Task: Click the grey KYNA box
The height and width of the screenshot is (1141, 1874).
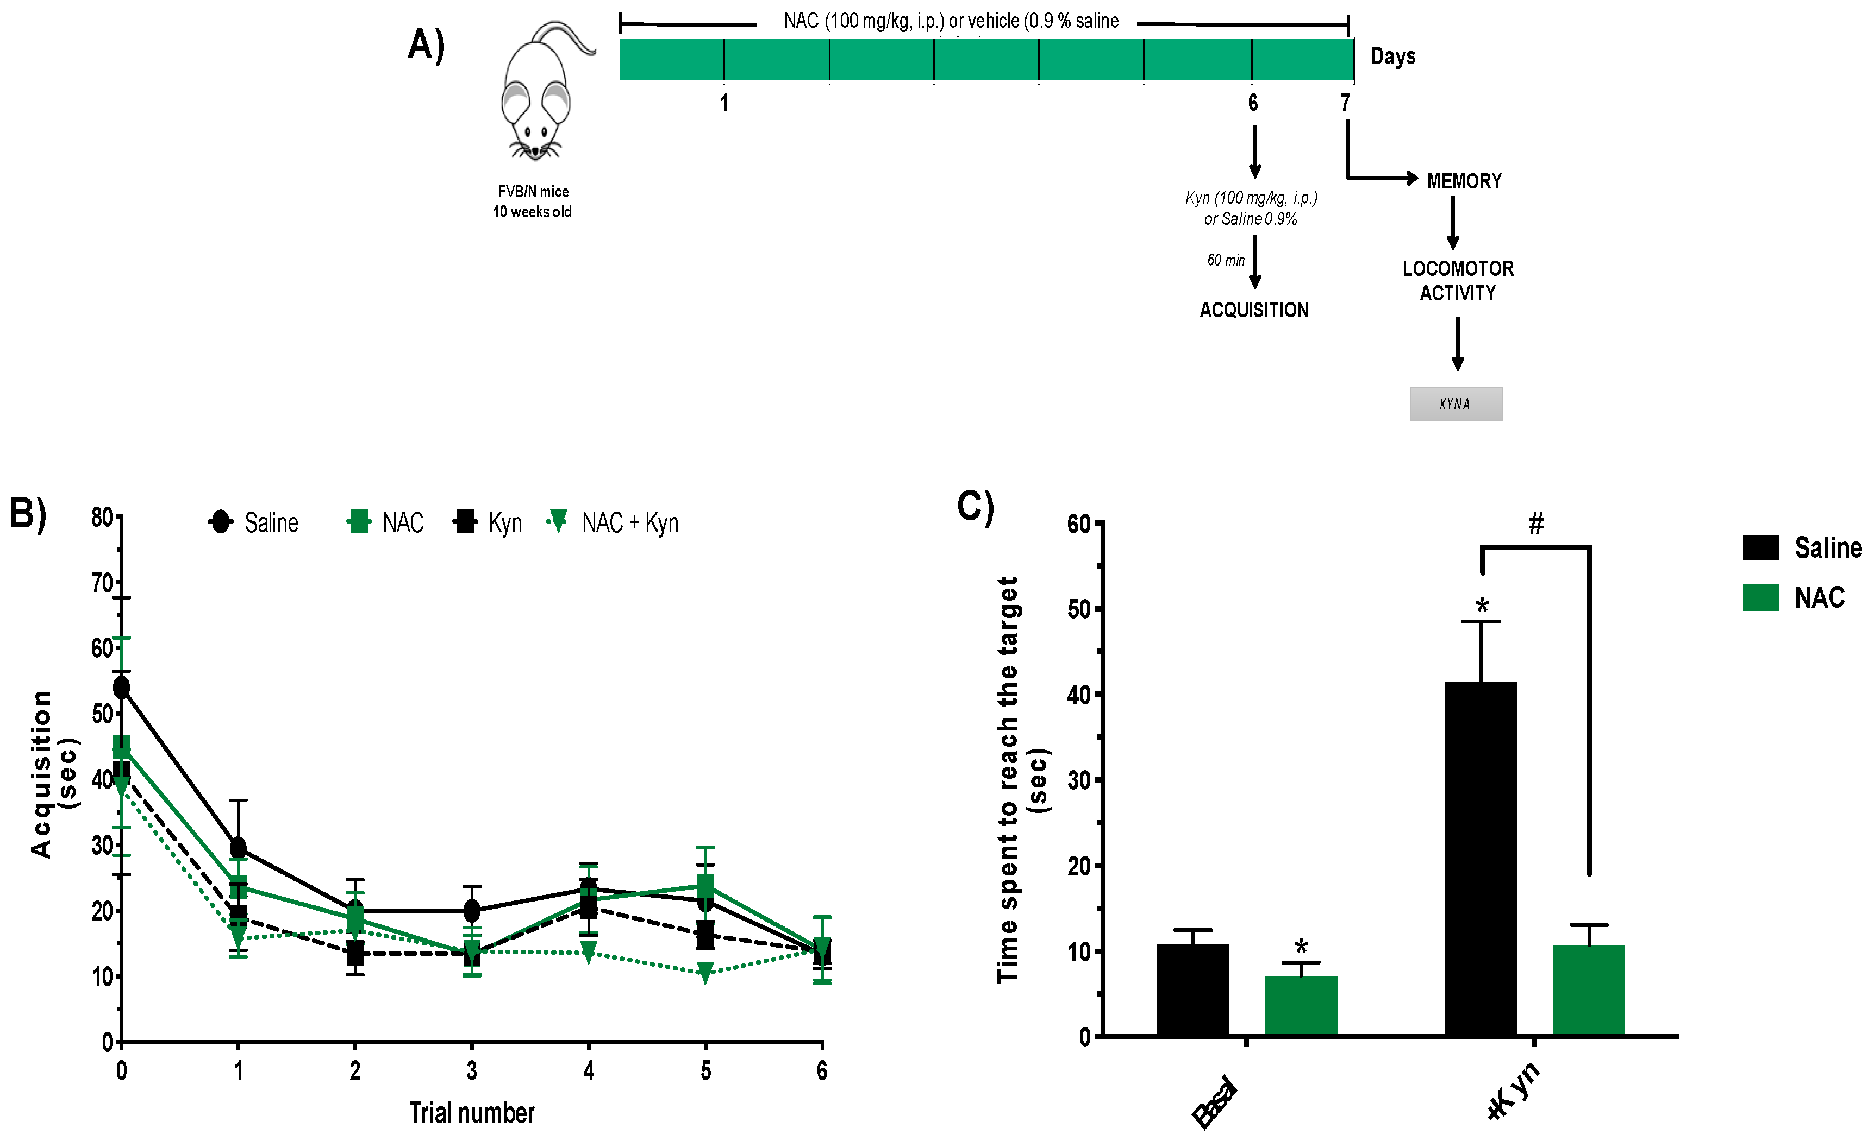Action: pyautogui.click(x=1456, y=404)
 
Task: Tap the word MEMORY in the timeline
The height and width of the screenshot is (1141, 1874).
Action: pyautogui.click(x=1464, y=181)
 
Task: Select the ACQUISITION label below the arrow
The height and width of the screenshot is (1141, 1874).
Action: pyautogui.click(x=1254, y=310)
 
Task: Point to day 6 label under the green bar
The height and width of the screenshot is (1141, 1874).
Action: pyautogui.click(x=1253, y=103)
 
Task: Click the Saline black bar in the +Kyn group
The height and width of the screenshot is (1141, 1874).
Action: pyautogui.click(x=1480, y=859)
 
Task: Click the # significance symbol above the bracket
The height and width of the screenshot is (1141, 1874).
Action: pyautogui.click(x=1535, y=523)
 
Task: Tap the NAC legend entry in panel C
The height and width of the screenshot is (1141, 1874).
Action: pyautogui.click(x=1795, y=597)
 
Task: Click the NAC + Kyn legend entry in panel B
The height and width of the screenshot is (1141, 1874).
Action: pyautogui.click(x=612, y=522)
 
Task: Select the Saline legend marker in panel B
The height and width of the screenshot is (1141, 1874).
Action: pyautogui.click(x=221, y=522)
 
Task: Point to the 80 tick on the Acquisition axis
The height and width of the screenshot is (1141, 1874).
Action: pyautogui.click(x=103, y=518)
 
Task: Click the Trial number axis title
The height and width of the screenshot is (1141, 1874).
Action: pyautogui.click(x=472, y=1112)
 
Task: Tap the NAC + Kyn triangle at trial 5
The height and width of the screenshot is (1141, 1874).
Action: pyautogui.click(x=705, y=972)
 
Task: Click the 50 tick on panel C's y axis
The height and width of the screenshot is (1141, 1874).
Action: pyautogui.click(x=1079, y=609)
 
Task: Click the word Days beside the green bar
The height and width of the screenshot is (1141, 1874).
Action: pyautogui.click(x=1392, y=56)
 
